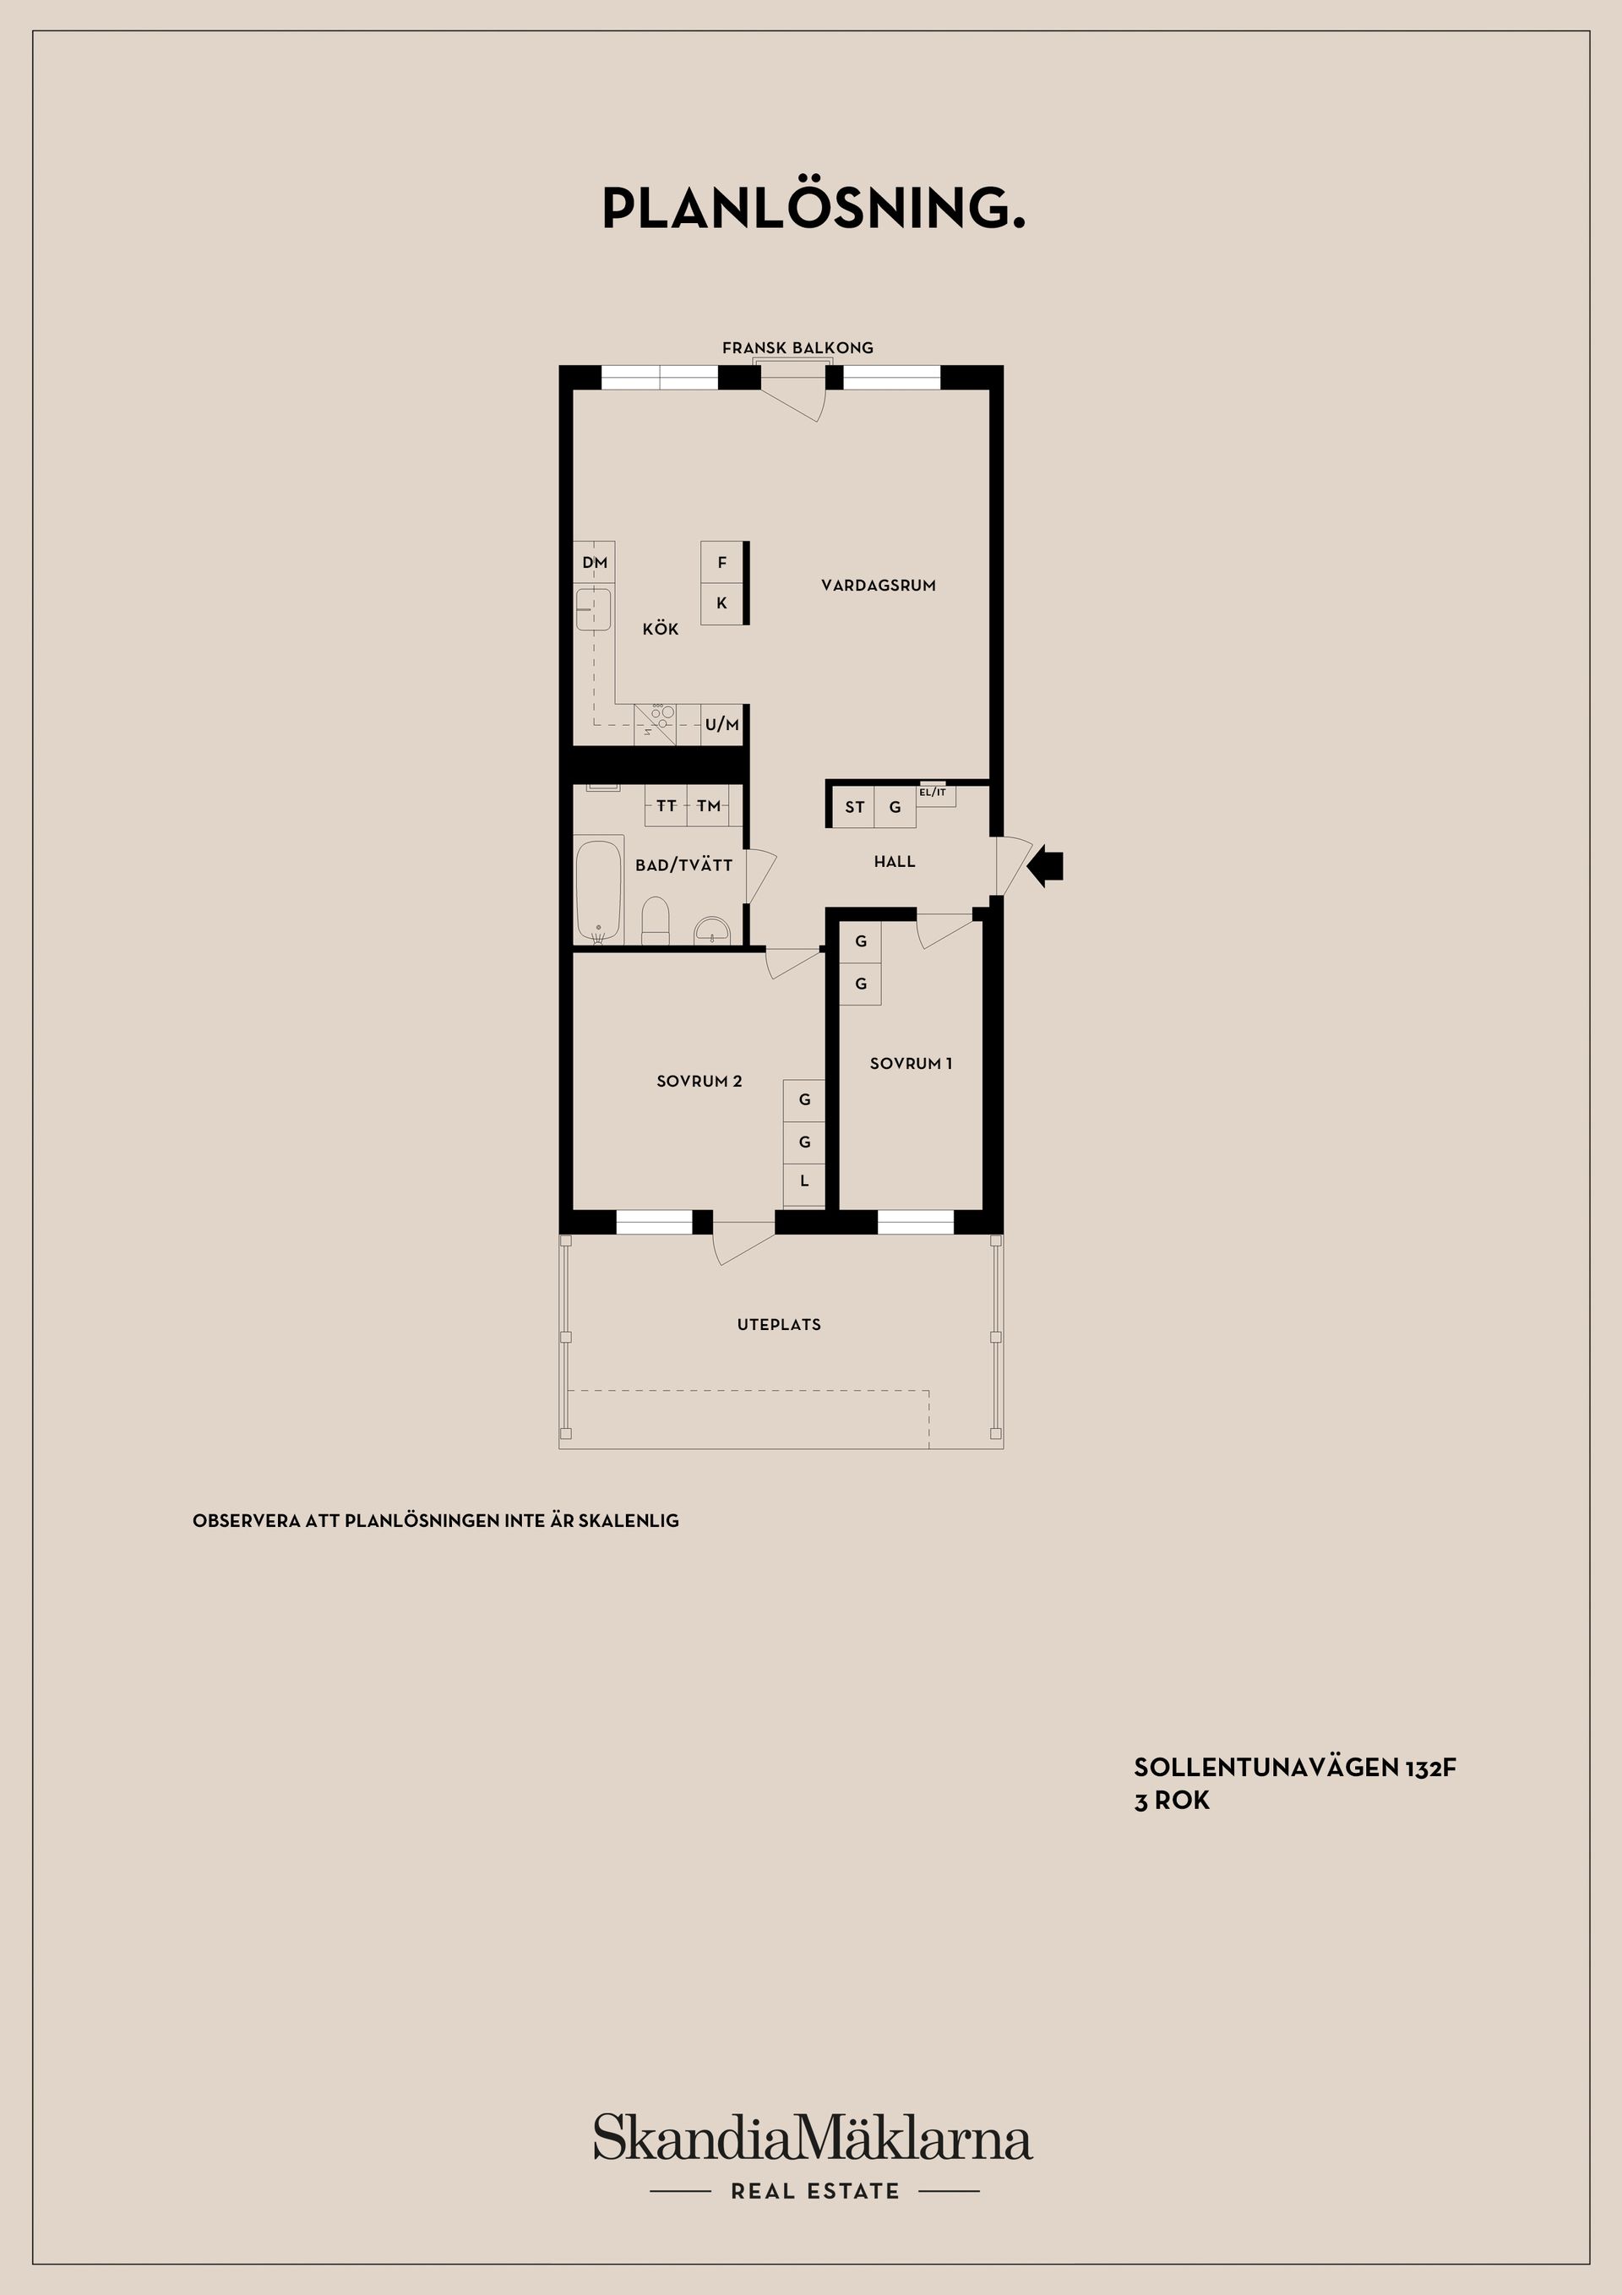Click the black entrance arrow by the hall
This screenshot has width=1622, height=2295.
[1047, 864]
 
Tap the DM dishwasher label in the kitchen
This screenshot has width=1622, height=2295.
[595, 563]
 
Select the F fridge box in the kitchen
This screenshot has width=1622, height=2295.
[721, 563]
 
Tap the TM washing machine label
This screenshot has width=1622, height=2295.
[709, 805]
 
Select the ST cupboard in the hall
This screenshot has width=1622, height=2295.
[854, 807]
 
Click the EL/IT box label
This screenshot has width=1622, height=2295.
[933, 793]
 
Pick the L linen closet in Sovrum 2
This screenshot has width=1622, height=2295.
[803, 1181]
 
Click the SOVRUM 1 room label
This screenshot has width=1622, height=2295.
[911, 1064]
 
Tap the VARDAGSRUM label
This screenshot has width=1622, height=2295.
[879, 586]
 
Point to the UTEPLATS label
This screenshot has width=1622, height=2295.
[779, 1324]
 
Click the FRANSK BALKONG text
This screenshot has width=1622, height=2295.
[797, 348]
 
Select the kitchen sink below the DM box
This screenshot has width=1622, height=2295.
[594, 610]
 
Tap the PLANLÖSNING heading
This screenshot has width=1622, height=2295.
[813, 208]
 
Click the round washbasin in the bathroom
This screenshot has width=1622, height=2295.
[712, 930]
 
